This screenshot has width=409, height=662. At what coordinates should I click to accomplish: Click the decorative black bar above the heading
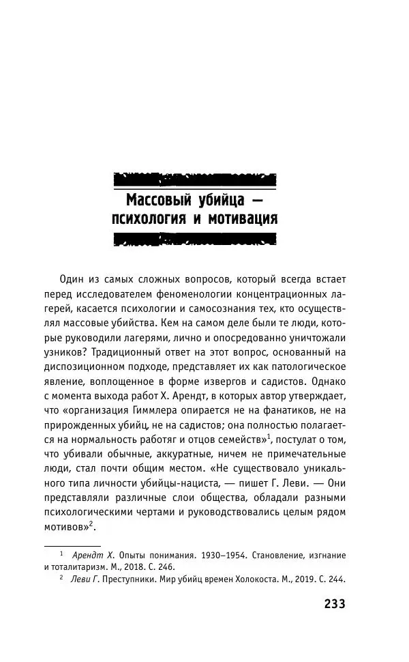194,181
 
